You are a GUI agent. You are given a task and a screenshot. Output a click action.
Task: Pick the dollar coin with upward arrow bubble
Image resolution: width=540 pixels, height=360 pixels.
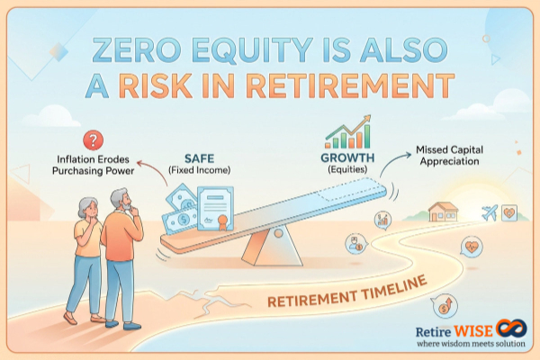click(x=440, y=304)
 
